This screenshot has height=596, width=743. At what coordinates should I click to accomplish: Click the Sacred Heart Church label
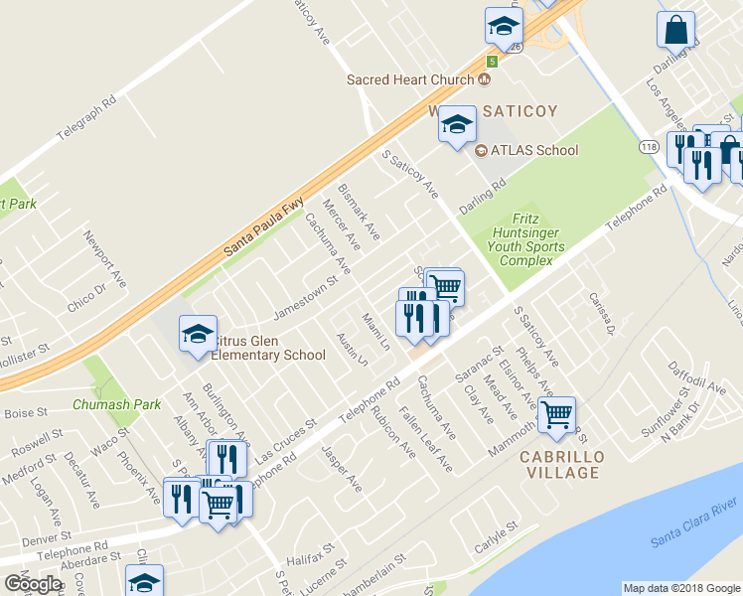click(411, 79)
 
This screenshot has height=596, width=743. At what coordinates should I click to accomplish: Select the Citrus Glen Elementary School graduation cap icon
click(198, 333)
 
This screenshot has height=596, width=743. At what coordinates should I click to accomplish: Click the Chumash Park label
click(116, 405)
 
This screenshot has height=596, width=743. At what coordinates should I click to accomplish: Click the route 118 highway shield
click(648, 147)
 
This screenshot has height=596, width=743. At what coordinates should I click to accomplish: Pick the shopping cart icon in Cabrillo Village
click(556, 414)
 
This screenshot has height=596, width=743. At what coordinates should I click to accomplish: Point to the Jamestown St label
click(306, 295)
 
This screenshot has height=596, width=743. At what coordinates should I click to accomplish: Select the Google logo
click(33, 584)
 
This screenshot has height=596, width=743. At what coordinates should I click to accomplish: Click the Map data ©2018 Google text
click(681, 588)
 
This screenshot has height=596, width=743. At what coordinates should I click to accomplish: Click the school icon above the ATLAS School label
click(457, 124)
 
